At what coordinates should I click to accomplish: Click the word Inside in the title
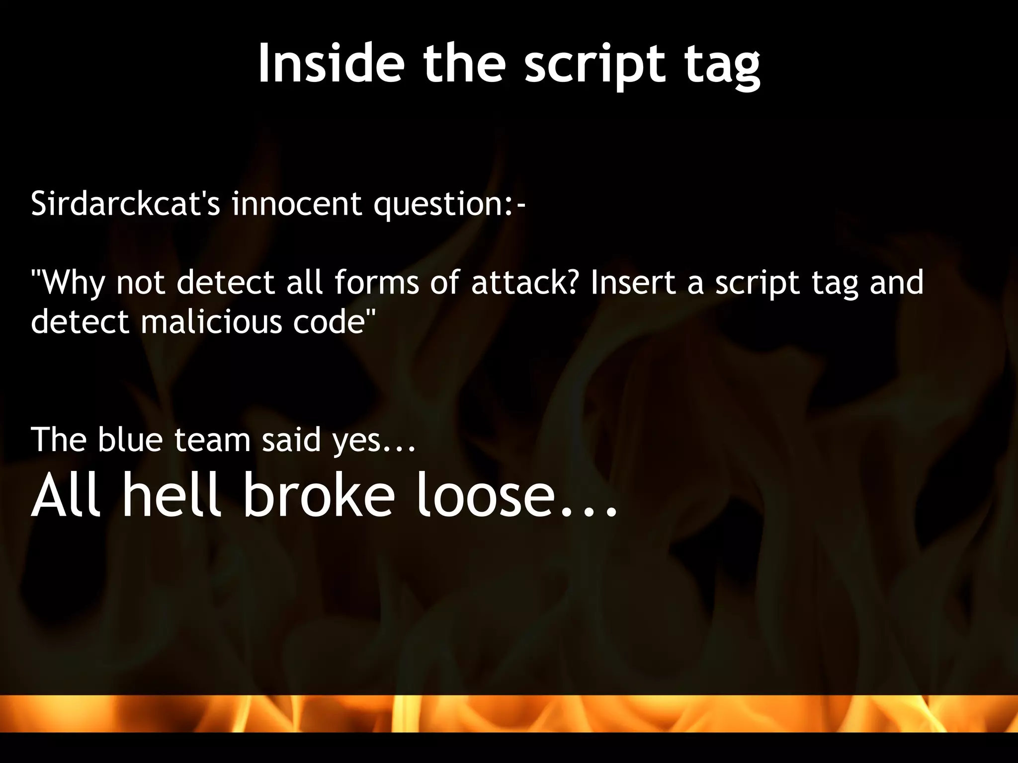(x=331, y=64)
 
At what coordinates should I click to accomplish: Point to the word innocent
(x=297, y=204)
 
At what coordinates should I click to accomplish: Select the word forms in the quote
(x=376, y=282)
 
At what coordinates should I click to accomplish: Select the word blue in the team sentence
(x=130, y=440)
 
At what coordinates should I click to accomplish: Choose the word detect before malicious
(x=80, y=322)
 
